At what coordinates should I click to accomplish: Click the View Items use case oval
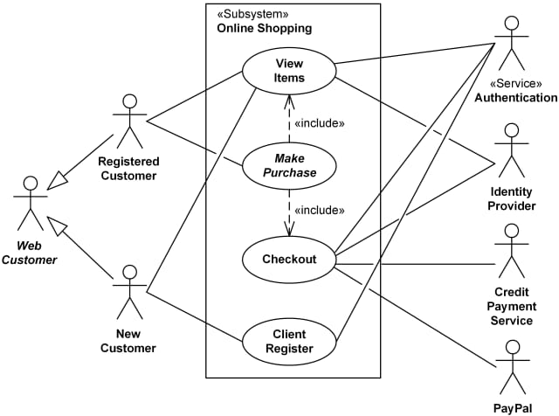pyautogui.click(x=289, y=70)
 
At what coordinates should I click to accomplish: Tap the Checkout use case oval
pyautogui.click(x=289, y=259)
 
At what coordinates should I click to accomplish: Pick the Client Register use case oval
pyautogui.click(x=289, y=341)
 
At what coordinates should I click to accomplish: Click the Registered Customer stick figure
pyautogui.click(x=128, y=121)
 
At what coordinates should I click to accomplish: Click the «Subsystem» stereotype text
pyautogui.click(x=252, y=15)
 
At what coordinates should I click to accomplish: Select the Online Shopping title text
pyautogui.click(x=264, y=29)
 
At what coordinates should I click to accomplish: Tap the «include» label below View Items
pyautogui.click(x=319, y=123)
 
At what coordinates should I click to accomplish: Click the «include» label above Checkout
pyautogui.click(x=319, y=210)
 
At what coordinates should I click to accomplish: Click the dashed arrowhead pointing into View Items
pyautogui.click(x=289, y=99)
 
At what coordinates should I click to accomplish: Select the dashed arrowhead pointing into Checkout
pyautogui.click(x=289, y=230)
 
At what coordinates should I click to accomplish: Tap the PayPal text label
pyautogui.click(x=514, y=408)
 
